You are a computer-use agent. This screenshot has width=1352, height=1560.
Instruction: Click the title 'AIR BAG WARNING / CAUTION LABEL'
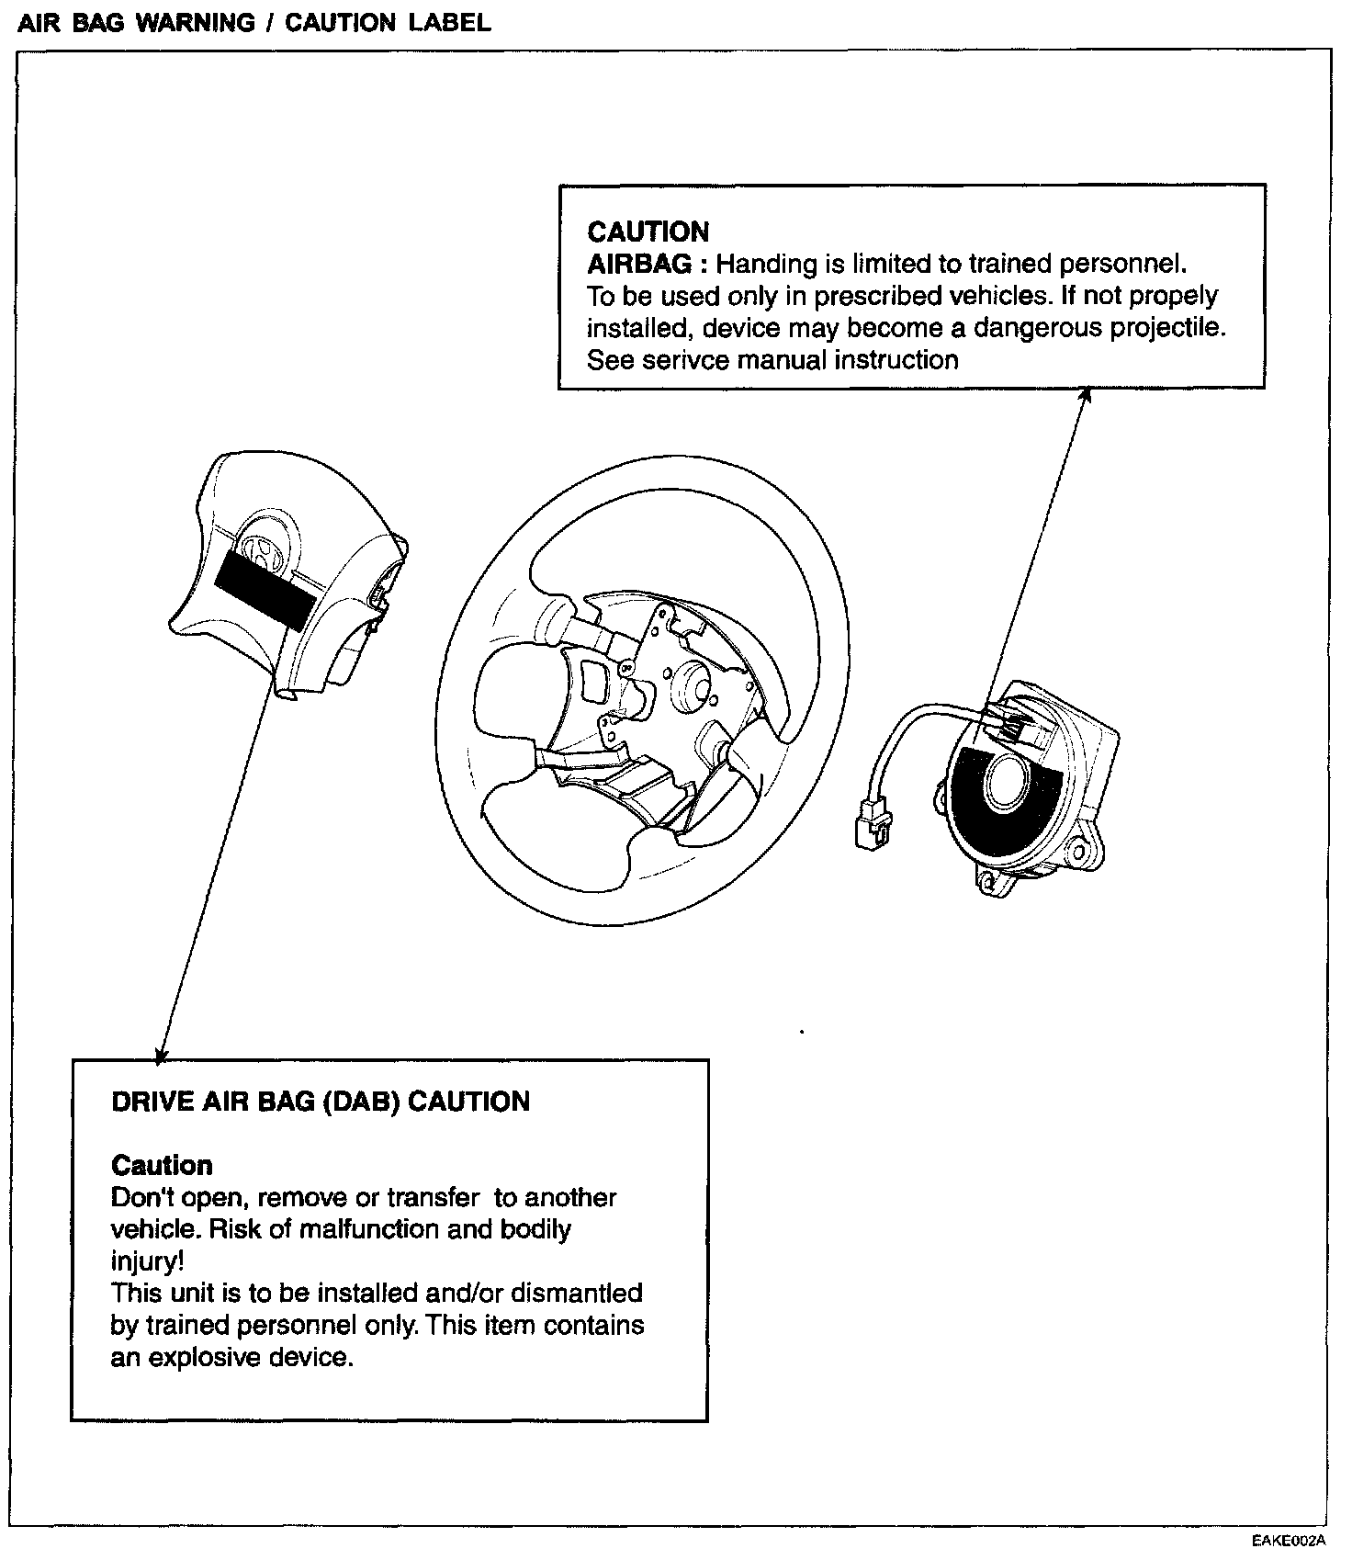(x=254, y=22)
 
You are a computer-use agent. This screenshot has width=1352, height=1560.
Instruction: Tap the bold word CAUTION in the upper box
(x=648, y=232)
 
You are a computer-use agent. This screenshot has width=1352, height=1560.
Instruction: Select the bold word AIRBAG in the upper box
(x=638, y=265)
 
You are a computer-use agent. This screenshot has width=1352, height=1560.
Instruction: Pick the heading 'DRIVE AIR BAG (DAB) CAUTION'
(x=321, y=1102)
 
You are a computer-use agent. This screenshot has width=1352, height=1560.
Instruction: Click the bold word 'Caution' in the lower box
(x=162, y=1166)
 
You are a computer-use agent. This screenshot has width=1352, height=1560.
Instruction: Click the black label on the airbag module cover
(x=265, y=588)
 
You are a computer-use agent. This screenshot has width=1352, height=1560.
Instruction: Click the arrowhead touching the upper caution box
(x=1085, y=395)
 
